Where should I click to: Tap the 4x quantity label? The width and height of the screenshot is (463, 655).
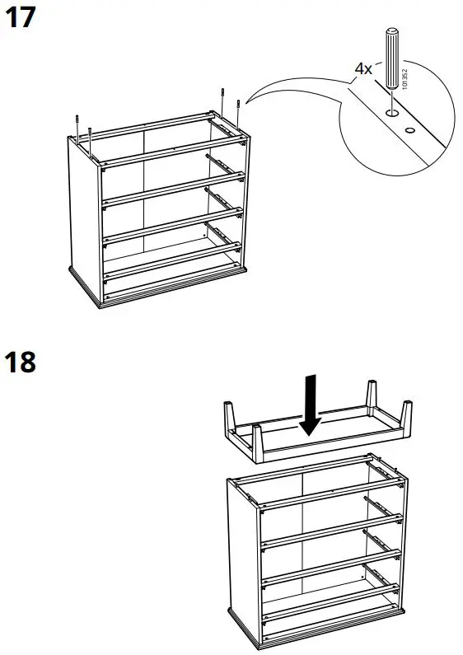(x=363, y=69)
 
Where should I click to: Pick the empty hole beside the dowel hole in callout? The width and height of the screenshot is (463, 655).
(x=409, y=129)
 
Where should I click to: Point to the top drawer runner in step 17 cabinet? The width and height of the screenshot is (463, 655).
(x=224, y=163)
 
